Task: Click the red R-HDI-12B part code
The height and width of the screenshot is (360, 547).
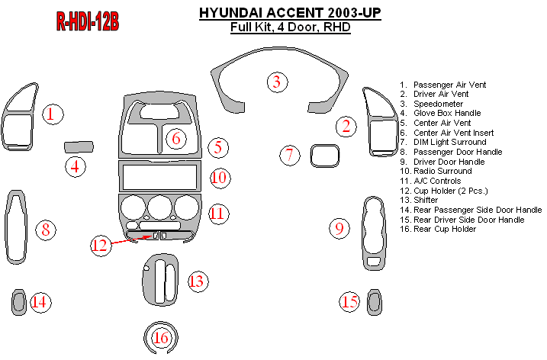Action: click(87, 21)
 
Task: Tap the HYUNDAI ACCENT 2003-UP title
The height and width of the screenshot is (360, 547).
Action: click(290, 13)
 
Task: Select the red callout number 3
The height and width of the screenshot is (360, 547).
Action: click(278, 82)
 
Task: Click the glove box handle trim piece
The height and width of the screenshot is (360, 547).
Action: click(79, 147)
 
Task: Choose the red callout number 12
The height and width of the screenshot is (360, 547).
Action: click(101, 245)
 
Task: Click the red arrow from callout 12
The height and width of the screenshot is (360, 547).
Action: click(131, 239)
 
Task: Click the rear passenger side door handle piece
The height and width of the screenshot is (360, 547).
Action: click(18, 302)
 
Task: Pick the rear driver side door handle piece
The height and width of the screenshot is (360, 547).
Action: click(375, 302)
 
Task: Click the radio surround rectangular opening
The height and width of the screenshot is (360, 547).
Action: click(159, 176)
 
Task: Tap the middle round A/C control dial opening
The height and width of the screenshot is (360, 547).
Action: click(159, 207)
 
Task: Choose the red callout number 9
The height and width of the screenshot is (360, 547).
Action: click(339, 229)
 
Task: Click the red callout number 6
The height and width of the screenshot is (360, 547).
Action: click(176, 139)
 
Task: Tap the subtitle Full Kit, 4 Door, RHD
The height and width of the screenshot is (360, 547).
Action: click(290, 27)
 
